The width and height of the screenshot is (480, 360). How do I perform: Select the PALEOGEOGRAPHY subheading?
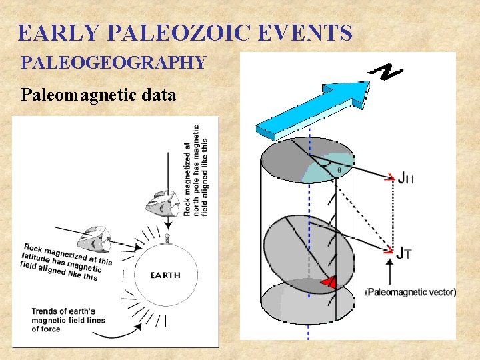(113, 63)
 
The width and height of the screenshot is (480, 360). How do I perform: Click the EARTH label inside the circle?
(165, 275)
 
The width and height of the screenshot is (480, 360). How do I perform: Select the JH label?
(405, 178)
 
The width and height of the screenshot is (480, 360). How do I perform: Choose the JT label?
(404, 253)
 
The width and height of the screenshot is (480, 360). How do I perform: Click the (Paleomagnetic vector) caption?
(411, 292)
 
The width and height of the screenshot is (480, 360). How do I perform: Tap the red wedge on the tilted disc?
(327, 283)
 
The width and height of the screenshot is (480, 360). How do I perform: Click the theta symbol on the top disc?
(339, 170)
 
